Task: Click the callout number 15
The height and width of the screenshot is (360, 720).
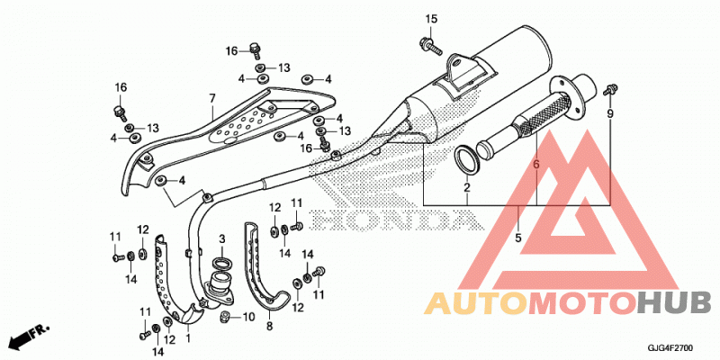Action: (x=431, y=19)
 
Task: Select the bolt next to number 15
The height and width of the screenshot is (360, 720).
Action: (x=430, y=45)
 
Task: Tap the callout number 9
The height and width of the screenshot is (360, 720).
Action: (x=610, y=114)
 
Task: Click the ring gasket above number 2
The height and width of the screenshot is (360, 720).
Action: (x=467, y=159)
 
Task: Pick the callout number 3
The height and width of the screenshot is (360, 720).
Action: (x=221, y=238)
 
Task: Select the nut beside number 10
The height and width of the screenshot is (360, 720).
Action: (x=226, y=316)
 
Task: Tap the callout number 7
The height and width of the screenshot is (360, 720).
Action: (x=212, y=98)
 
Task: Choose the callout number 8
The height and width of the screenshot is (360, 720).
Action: (x=269, y=327)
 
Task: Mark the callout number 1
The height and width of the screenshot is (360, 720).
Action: (x=188, y=339)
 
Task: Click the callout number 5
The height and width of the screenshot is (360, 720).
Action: (x=518, y=238)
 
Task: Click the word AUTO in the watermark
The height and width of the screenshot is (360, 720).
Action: (x=475, y=303)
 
